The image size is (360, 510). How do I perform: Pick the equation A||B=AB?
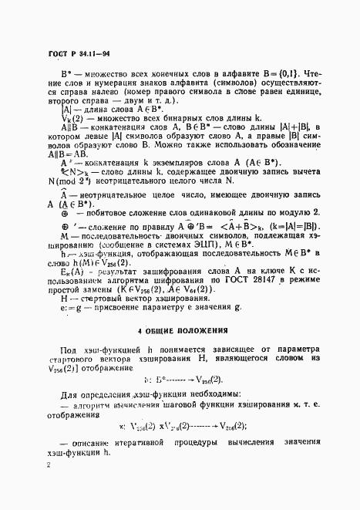pos(66,174)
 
